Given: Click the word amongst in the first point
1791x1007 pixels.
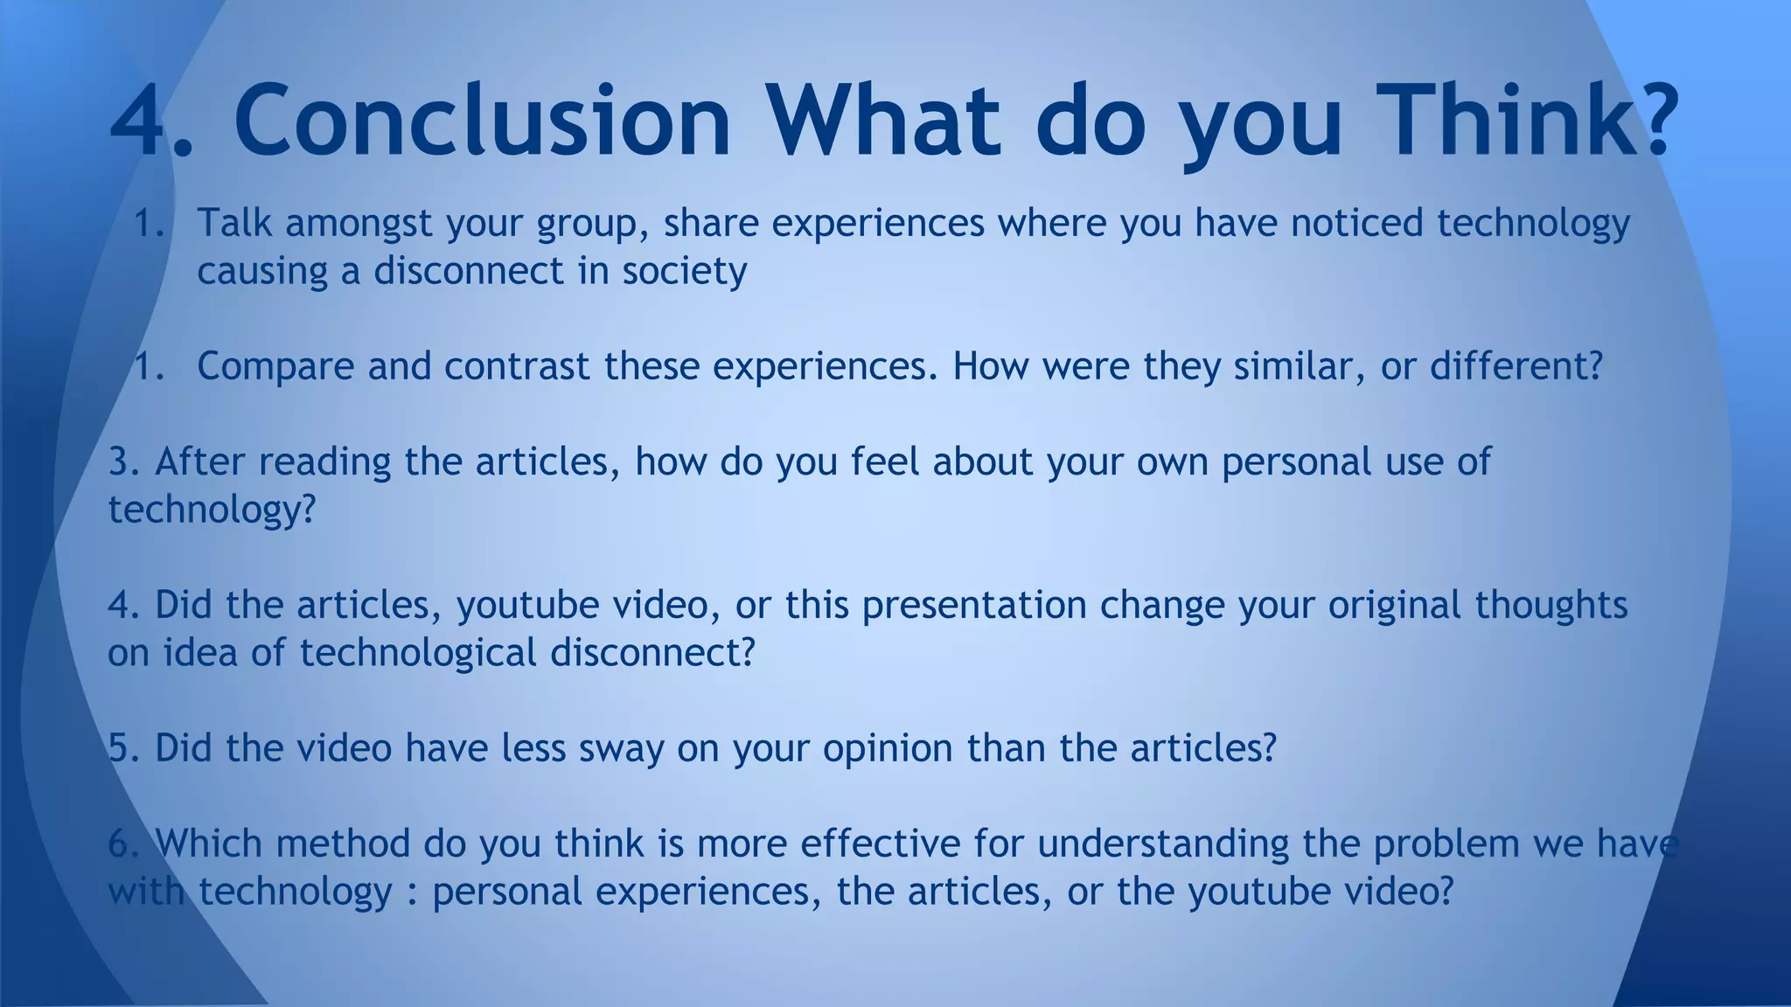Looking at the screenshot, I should tap(359, 223).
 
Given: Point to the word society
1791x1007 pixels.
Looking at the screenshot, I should tap(684, 271).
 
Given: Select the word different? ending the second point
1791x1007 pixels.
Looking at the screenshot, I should tap(1516, 366).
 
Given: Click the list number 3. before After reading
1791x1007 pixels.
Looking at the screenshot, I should tap(124, 462).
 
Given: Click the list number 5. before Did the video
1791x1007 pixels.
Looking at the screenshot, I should tap(124, 748).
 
